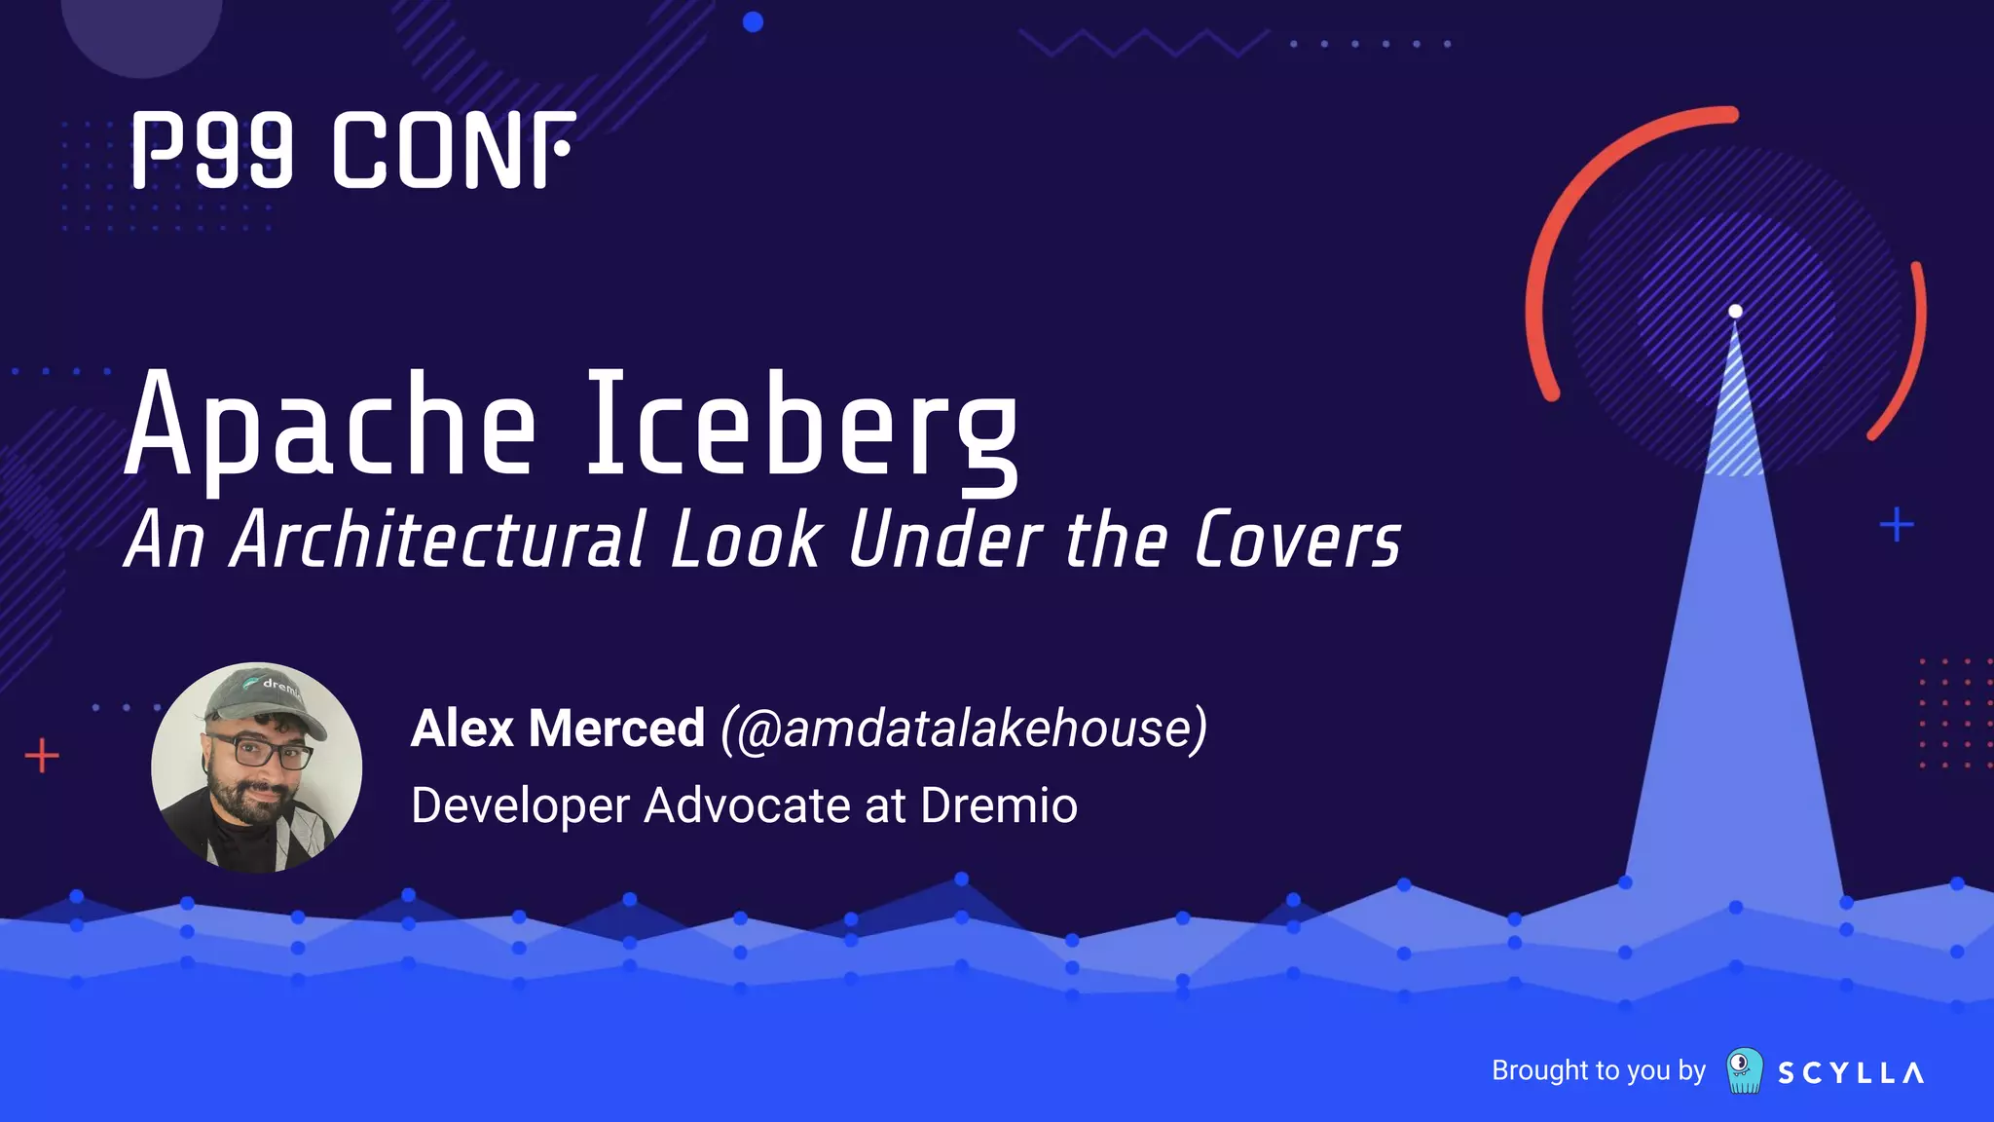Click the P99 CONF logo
(353, 150)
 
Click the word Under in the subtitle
(945, 540)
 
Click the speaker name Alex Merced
(557, 729)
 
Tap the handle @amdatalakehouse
(964, 729)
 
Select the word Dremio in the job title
(999, 805)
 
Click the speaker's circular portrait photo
(257, 768)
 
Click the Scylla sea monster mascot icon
(1744, 1070)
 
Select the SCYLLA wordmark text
(1850, 1073)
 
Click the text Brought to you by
(1598, 1070)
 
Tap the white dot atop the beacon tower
(1735, 312)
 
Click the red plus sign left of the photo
(42, 756)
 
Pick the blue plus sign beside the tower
(1896, 525)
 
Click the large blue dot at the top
(753, 21)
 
